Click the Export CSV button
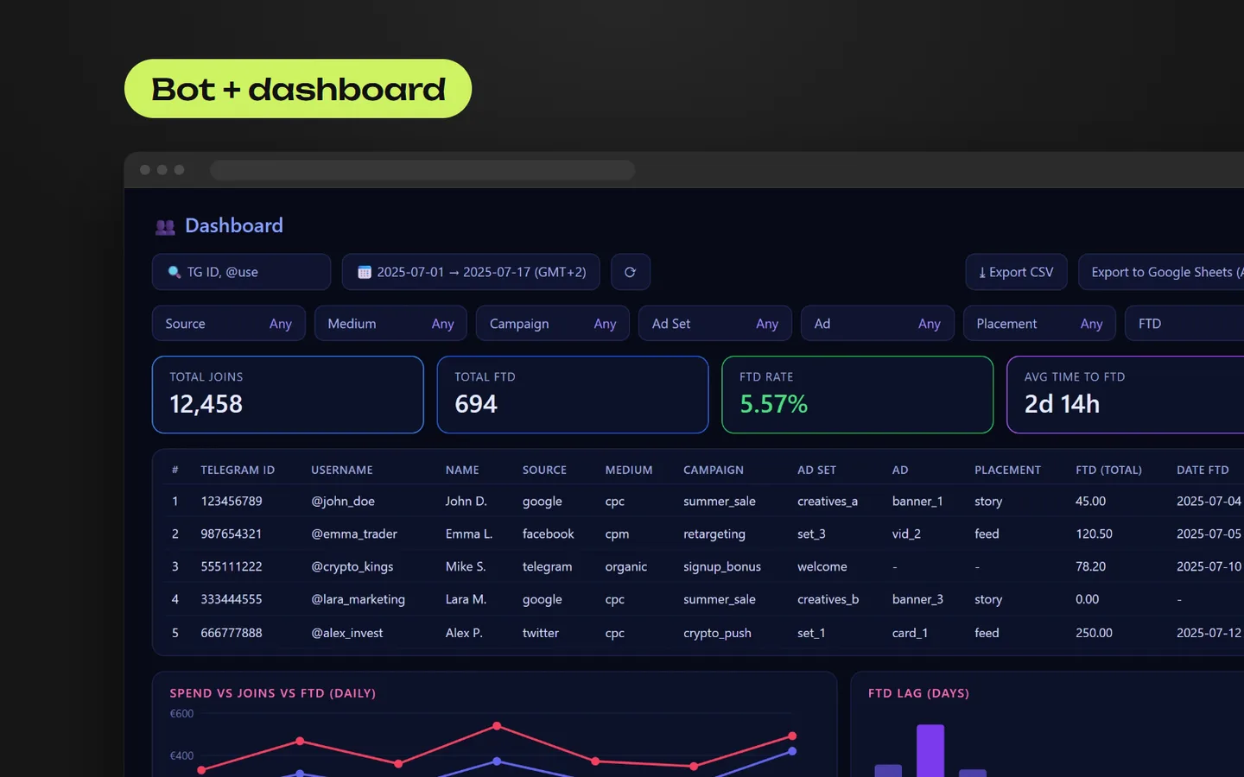pyautogui.click(x=1016, y=272)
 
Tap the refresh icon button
pyautogui.click(x=631, y=272)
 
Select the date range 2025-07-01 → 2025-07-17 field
pyautogui.click(x=471, y=272)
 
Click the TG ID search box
pyautogui.click(x=242, y=272)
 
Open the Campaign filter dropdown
pyautogui.click(x=553, y=323)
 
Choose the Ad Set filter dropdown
pyautogui.click(x=714, y=323)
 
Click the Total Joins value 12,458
pyautogui.click(x=206, y=404)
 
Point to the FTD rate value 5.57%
pyautogui.click(x=774, y=404)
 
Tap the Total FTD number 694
pyautogui.click(x=476, y=404)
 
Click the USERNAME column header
pyautogui.click(x=341, y=470)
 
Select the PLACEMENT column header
pyautogui.click(x=1007, y=470)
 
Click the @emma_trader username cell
pyautogui.click(x=354, y=534)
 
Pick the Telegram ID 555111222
pyautogui.click(x=231, y=566)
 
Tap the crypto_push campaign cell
pyautogui.click(x=717, y=633)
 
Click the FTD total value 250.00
pyautogui.click(x=1094, y=633)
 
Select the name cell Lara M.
pyautogui.click(x=466, y=599)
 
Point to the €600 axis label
pyautogui.click(x=181, y=713)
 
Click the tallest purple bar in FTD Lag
pyautogui.click(x=930, y=750)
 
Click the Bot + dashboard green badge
pyautogui.click(x=298, y=89)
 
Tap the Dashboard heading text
pyautogui.click(x=234, y=225)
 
